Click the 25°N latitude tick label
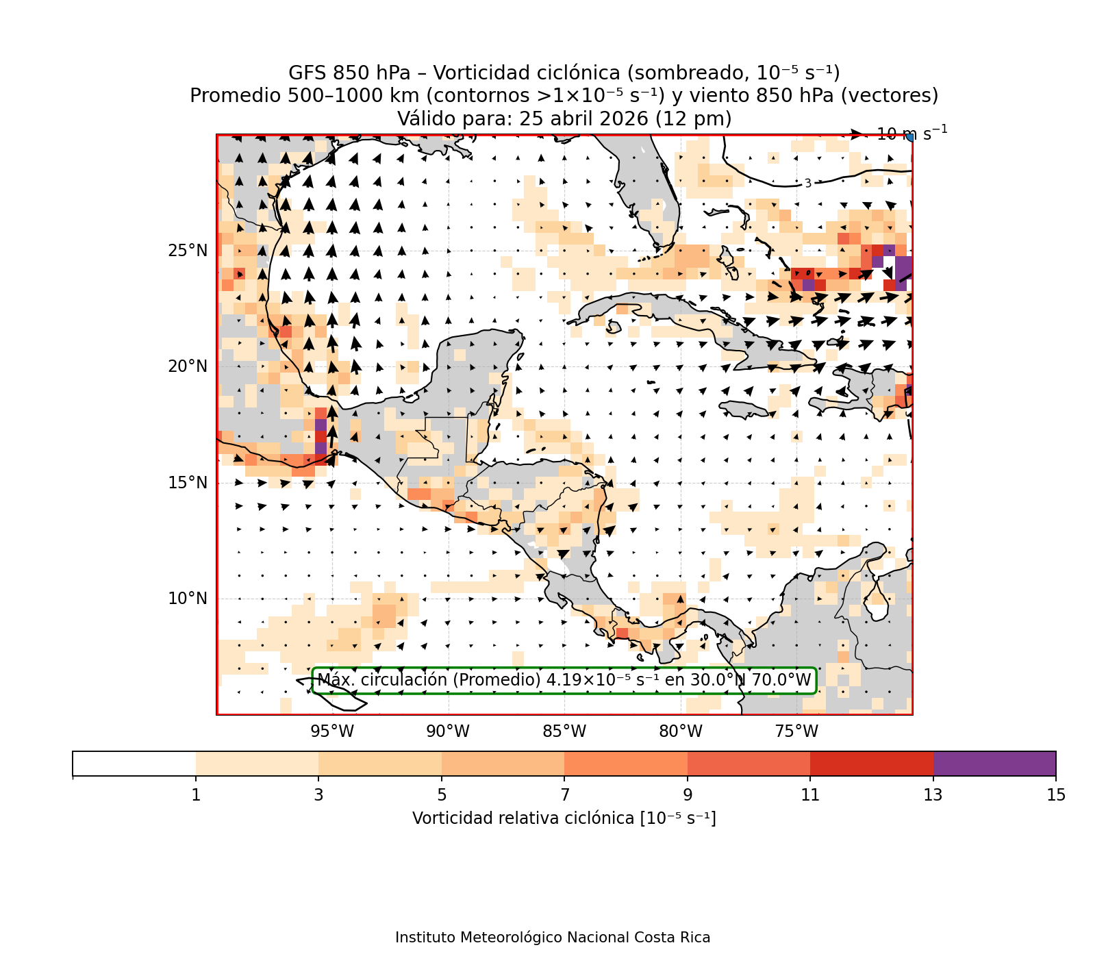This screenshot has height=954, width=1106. coord(188,251)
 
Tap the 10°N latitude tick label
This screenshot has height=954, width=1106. coord(188,599)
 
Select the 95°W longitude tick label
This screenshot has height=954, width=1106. coord(332,731)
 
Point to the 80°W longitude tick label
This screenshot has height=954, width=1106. coord(681,731)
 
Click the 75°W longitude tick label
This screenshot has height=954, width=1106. coord(796,731)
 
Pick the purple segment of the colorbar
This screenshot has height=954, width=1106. coord(994,764)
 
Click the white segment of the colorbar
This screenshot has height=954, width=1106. coord(134,764)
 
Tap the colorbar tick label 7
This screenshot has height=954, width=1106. coord(565,795)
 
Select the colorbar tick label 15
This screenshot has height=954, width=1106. coord(1056,795)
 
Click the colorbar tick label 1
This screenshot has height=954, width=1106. coord(196,795)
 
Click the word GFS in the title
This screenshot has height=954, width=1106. coord(308,73)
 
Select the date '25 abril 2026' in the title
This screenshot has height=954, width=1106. coord(583,119)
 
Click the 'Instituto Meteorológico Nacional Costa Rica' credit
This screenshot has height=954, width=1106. coord(553,938)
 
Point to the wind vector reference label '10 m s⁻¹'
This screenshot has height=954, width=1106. coord(912,134)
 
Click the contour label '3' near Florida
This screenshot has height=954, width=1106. coord(808,184)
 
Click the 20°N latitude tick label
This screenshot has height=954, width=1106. coord(188,366)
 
